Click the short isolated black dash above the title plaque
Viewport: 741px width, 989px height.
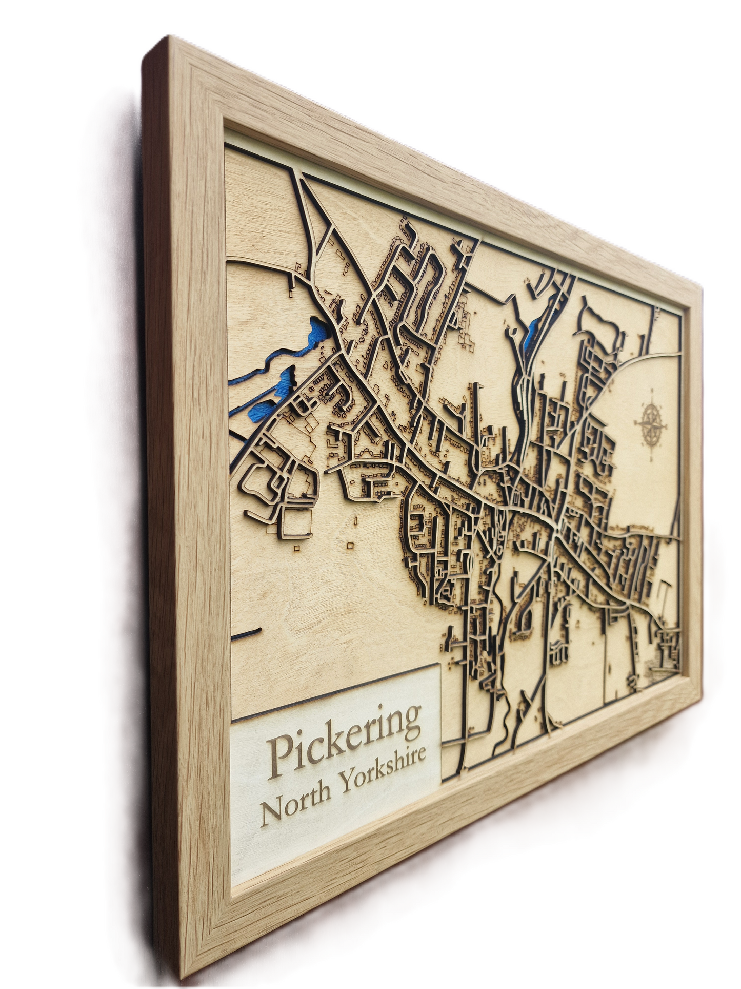point(247,632)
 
